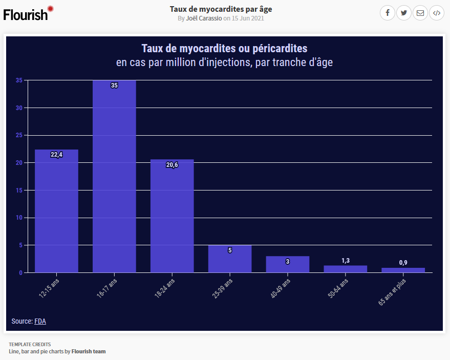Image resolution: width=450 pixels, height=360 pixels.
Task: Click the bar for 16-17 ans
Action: point(114,177)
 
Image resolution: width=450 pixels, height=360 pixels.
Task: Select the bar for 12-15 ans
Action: point(56,211)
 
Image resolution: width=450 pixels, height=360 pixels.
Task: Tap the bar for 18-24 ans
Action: point(172,216)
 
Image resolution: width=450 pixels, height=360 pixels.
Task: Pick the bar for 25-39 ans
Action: point(230,259)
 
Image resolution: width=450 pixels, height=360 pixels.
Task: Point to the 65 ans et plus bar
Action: point(403,270)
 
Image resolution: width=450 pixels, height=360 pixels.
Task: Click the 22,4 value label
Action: point(56,155)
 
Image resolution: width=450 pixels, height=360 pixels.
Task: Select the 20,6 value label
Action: point(172,164)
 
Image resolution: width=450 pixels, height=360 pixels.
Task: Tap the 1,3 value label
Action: point(346,261)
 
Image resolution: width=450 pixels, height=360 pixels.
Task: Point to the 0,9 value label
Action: point(403,263)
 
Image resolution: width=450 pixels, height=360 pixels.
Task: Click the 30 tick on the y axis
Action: point(19,108)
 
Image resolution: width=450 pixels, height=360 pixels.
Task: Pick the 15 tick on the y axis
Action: point(19,190)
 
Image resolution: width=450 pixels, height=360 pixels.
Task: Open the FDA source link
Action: point(40,321)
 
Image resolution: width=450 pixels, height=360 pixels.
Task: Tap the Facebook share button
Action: point(388,13)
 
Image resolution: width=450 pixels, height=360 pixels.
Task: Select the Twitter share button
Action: point(404,13)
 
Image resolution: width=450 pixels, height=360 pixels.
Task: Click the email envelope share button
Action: point(420,13)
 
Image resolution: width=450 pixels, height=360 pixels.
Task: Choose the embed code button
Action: point(436,13)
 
